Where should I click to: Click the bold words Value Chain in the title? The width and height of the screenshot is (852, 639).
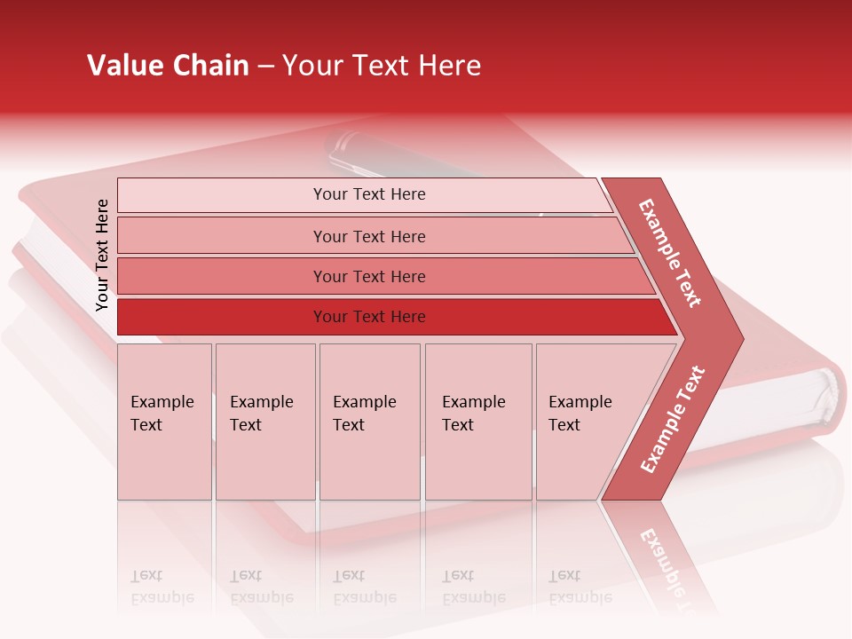(x=168, y=66)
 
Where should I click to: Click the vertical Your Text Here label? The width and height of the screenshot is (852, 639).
(x=102, y=255)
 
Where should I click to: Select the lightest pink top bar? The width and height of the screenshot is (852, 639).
(x=222, y=195)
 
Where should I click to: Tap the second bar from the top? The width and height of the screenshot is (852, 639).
(x=222, y=236)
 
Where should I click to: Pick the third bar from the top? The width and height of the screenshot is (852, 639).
(x=222, y=276)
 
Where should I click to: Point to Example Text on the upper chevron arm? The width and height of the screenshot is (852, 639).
(x=670, y=253)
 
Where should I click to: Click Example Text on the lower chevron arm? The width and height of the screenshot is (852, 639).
(x=672, y=420)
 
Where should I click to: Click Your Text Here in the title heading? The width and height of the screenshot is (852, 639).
(x=382, y=66)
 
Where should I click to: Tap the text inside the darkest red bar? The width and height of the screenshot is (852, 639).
(x=369, y=317)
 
